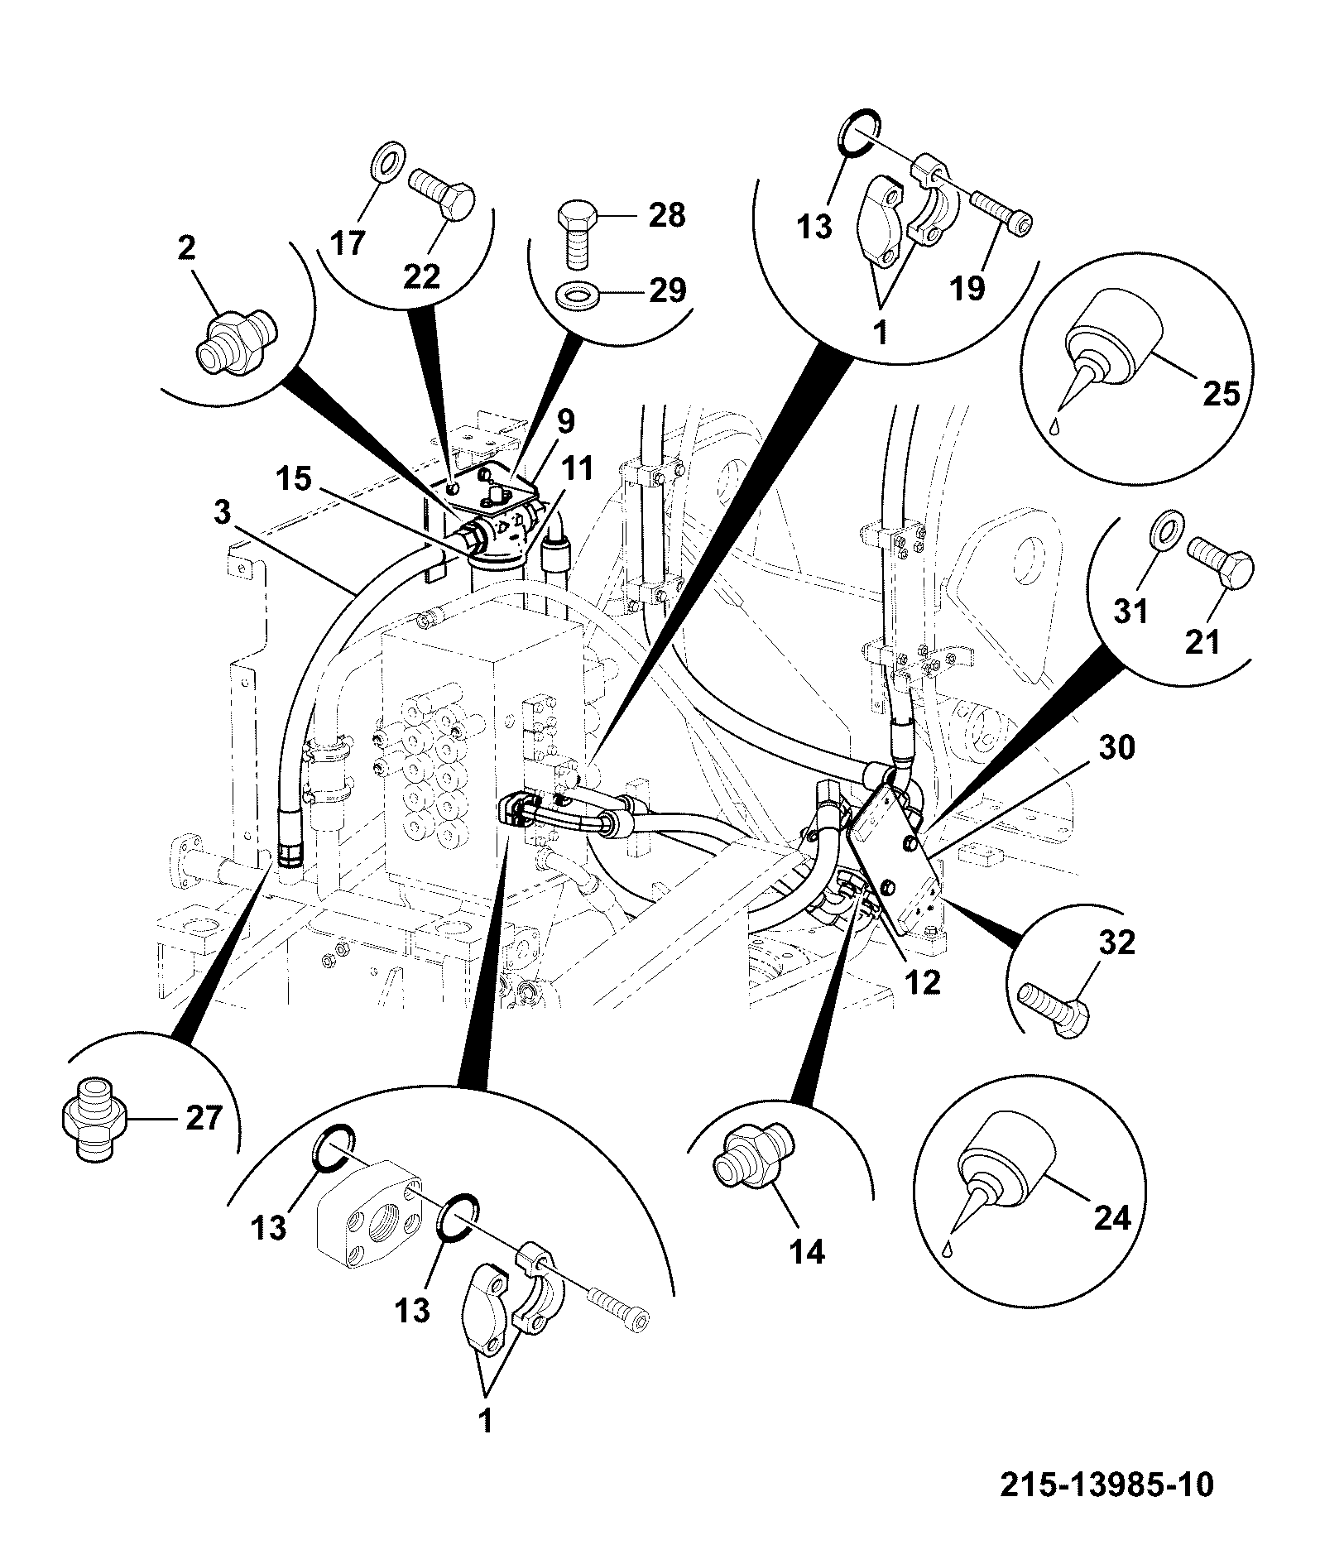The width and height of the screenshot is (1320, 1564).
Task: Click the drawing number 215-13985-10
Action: [x=1107, y=1484]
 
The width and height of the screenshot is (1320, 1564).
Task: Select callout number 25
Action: [x=1222, y=394]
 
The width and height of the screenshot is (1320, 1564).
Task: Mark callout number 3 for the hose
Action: [x=221, y=513]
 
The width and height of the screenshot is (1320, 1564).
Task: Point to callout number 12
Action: [x=923, y=981]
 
